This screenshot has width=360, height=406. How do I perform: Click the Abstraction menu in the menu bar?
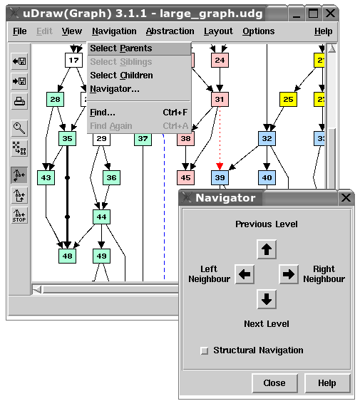tap(170, 31)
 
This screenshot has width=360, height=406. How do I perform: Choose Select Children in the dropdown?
tap(121, 76)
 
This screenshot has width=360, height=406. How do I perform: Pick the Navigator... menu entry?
tap(115, 89)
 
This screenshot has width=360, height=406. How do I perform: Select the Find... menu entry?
tap(103, 113)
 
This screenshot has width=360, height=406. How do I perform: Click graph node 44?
tap(101, 217)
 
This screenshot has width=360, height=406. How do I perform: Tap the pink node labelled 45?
tap(185, 177)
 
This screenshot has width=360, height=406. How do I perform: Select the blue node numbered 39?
tap(220, 177)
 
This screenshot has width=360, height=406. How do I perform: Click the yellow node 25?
tap(288, 100)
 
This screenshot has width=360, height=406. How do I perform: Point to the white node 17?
tap(74, 60)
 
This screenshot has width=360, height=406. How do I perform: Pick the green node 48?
tap(67, 256)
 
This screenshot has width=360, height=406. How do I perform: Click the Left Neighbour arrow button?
tap(245, 274)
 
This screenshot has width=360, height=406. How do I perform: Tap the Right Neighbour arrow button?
tap(289, 274)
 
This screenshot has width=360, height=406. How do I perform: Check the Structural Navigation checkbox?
tap(204, 350)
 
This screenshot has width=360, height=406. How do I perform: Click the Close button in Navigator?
tap(274, 383)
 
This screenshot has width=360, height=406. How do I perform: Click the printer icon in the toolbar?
tap(19, 101)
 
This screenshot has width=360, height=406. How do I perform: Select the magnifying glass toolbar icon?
tap(19, 128)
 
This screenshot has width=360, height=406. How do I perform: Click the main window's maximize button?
tap(313, 14)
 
